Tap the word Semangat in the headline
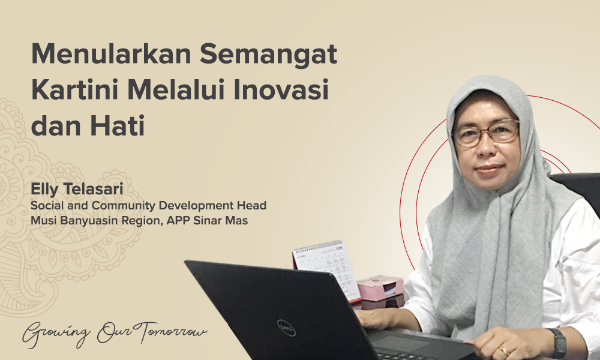pos(269,56)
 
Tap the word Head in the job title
pos(252,206)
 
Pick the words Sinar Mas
pos(226,221)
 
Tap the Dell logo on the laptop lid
pos(286,327)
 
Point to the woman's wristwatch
pos(559,343)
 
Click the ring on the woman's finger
pos(503,350)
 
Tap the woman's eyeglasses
pos(485,133)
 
